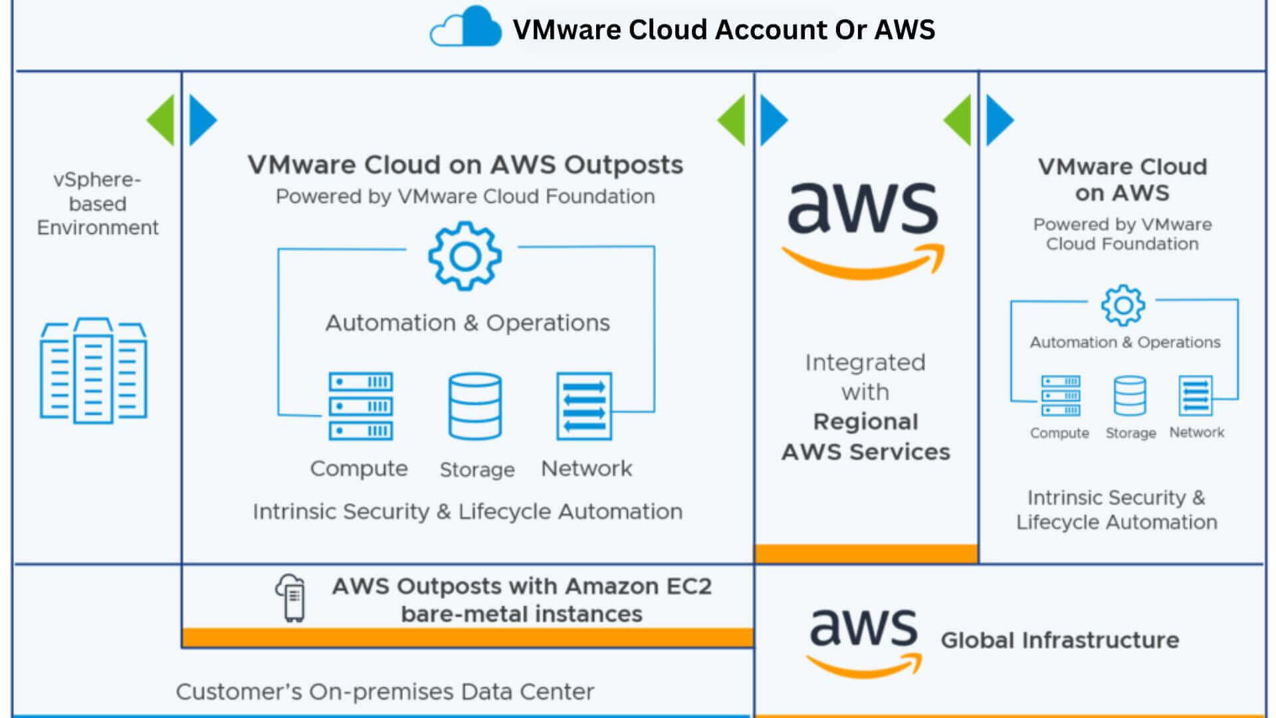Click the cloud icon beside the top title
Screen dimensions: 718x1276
tap(466, 28)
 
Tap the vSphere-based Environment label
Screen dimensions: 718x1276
tap(98, 203)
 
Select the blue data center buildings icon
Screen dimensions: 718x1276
tap(93, 371)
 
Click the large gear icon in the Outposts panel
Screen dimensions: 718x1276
tap(465, 257)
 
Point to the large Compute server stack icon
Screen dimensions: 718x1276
tap(360, 406)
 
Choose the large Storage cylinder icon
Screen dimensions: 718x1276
tap(475, 406)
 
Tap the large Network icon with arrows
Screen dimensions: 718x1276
tap(584, 406)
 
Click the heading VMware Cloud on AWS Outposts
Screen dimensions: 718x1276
tap(465, 165)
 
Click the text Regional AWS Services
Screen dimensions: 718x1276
tap(865, 437)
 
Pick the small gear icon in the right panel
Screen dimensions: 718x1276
tap(1123, 305)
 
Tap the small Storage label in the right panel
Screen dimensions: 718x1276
tap(1130, 433)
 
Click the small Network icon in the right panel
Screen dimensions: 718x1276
tap(1195, 396)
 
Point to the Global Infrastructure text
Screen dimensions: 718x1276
tap(1060, 640)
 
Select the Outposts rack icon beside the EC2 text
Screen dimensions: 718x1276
tap(292, 598)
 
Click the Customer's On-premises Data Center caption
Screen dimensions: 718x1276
tap(385, 692)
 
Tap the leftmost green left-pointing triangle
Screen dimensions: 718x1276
tap(161, 120)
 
